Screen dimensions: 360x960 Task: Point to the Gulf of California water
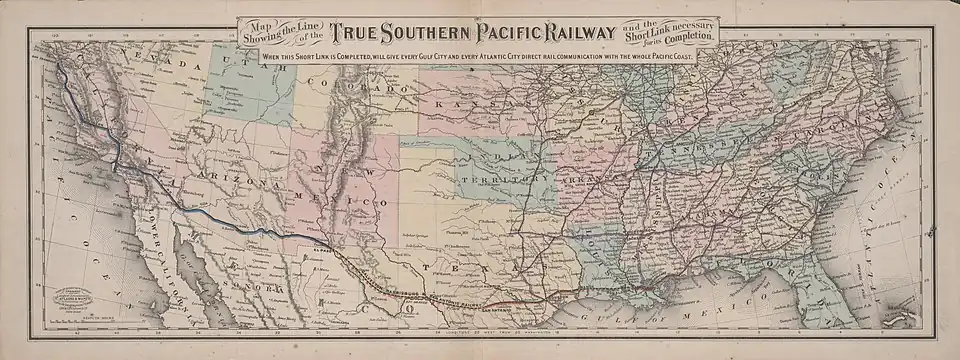[195, 265]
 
